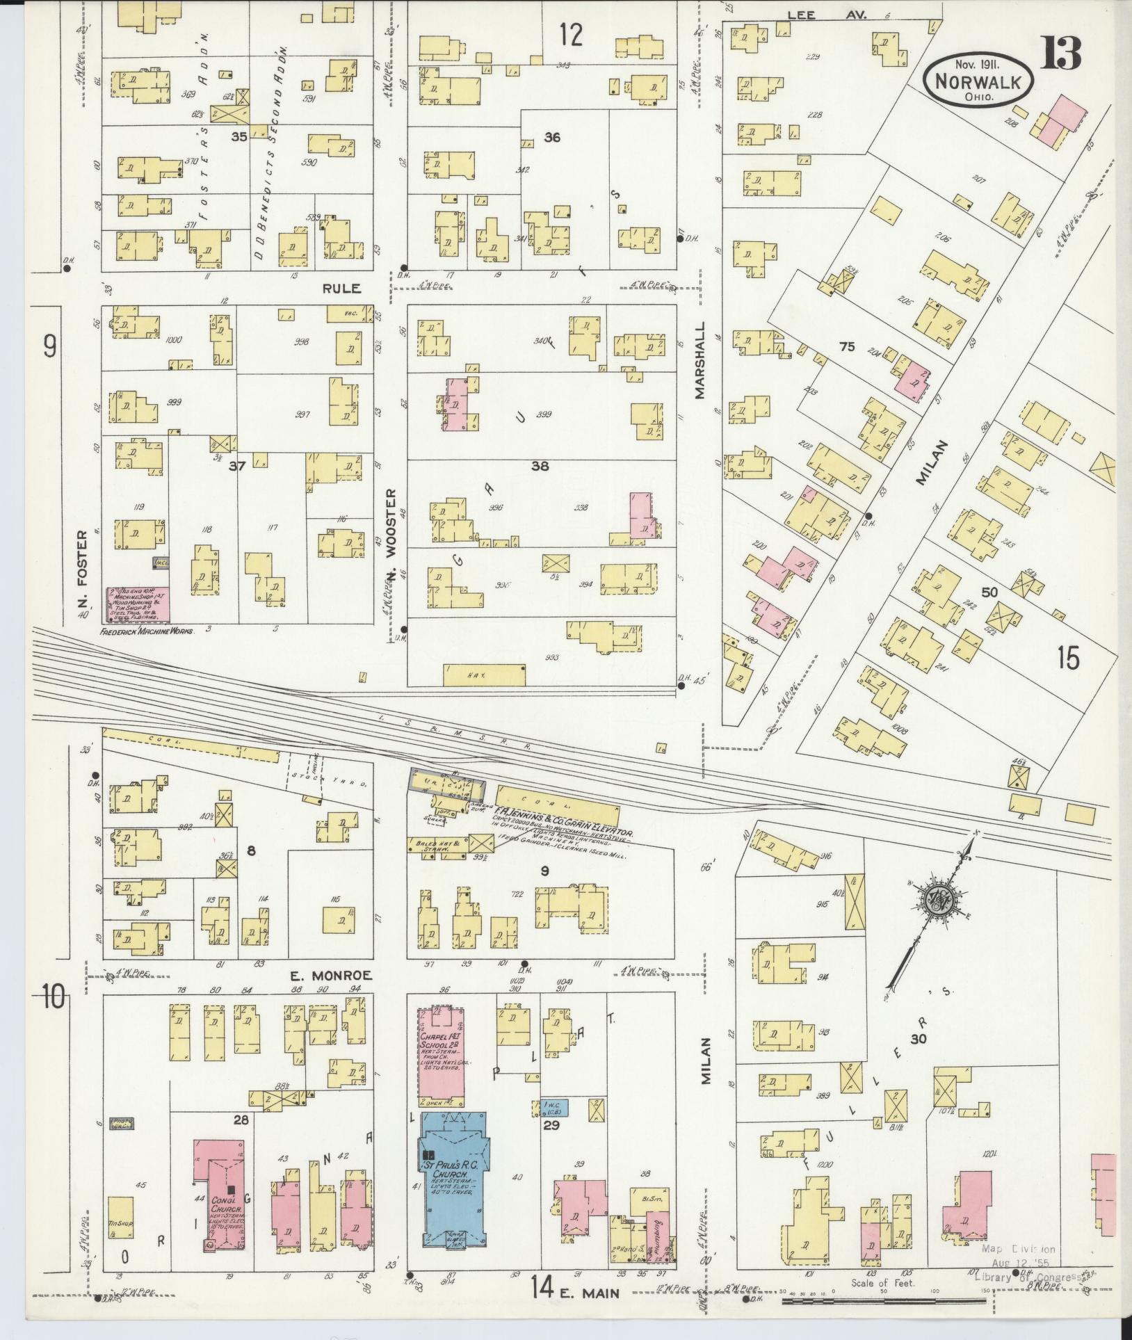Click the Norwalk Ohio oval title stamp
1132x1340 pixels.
[x=978, y=82]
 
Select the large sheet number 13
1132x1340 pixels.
[x=1060, y=54]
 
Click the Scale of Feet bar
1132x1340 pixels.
[x=883, y=1299]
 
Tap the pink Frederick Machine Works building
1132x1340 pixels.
[x=138, y=604]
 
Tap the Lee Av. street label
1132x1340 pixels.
[x=827, y=14]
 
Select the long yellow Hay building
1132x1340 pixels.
[x=484, y=674]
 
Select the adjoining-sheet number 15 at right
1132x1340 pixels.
[x=1068, y=657]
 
